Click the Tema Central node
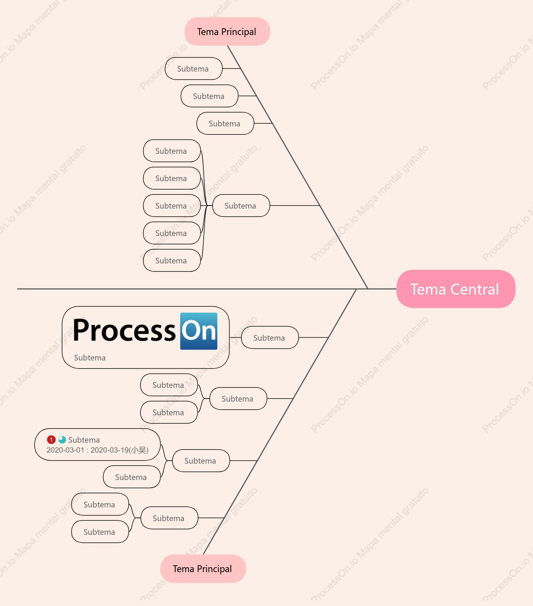click(x=456, y=289)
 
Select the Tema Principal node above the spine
click(x=227, y=32)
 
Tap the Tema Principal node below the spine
click(x=203, y=569)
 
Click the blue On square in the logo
click(x=199, y=331)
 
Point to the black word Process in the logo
click(x=124, y=331)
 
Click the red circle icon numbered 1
click(x=51, y=440)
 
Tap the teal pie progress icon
click(x=62, y=440)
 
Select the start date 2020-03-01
click(x=65, y=450)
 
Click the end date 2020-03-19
click(x=110, y=450)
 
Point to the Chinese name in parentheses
click(x=139, y=450)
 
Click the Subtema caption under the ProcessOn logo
click(x=90, y=358)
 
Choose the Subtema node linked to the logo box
click(x=270, y=338)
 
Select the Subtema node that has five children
click(x=241, y=206)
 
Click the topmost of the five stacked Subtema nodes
click(x=172, y=151)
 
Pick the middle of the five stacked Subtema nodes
click(x=172, y=206)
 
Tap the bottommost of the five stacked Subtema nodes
click(x=172, y=260)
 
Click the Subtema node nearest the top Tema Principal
click(x=193, y=69)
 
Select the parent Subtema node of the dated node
click(x=201, y=461)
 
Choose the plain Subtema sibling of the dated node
click(x=132, y=477)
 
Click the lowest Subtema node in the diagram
click(x=100, y=532)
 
